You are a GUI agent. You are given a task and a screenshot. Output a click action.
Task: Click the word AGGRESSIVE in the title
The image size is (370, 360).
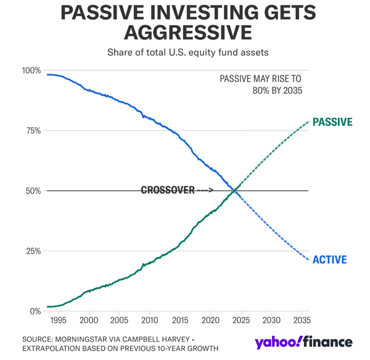pyautogui.click(x=184, y=31)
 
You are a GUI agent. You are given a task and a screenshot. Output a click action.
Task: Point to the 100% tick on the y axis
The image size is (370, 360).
pyautogui.click(x=31, y=70)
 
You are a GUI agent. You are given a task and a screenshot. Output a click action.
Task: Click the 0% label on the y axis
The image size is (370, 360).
pyautogui.click(x=35, y=311)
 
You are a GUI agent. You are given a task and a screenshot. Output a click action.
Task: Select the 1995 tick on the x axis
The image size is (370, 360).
pyautogui.click(x=58, y=321)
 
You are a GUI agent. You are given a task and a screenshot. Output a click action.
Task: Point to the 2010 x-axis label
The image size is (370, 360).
pyautogui.click(x=149, y=321)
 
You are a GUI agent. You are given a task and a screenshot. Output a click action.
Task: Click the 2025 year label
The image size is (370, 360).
pyautogui.click(x=240, y=321)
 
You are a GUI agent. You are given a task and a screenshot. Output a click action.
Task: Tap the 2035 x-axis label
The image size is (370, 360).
pyautogui.click(x=301, y=321)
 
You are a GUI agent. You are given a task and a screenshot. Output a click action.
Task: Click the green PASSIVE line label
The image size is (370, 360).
pyautogui.click(x=332, y=122)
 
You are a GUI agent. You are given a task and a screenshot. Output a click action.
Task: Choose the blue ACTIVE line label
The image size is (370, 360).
pyautogui.click(x=329, y=259)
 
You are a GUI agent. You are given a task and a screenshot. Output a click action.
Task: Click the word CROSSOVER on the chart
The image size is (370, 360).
pyautogui.click(x=168, y=190)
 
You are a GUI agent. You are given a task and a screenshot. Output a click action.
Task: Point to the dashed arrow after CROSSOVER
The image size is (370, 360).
pyautogui.click(x=205, y=190)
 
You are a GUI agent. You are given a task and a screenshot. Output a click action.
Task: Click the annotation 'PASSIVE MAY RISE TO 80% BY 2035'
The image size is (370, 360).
pyautogui.click(x=261, y=85)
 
